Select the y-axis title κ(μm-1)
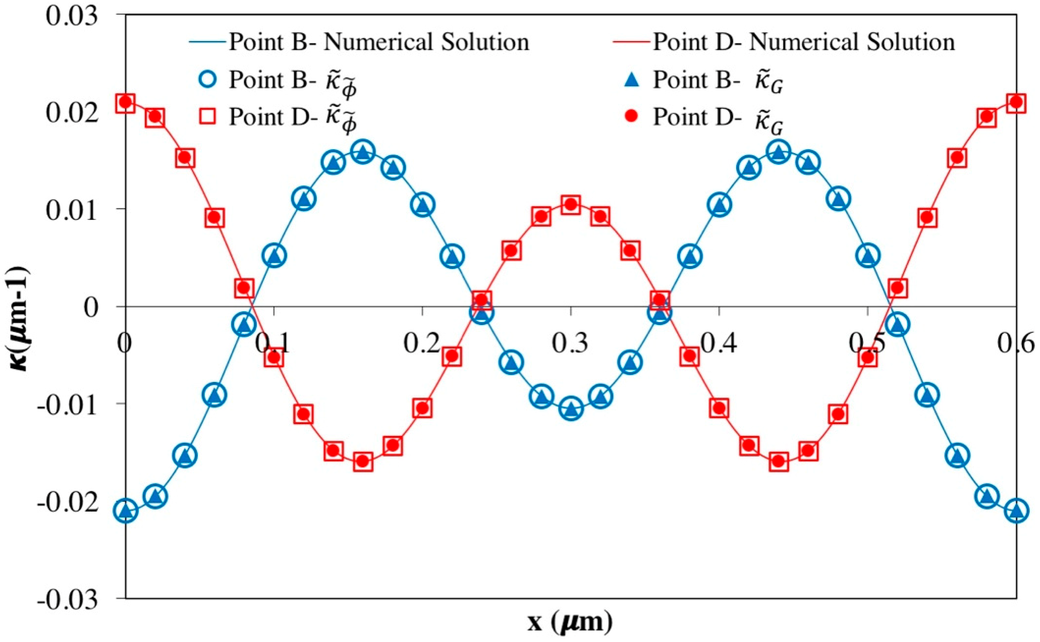pyautogui.click(x=19, y=318)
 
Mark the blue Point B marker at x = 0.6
pyautogui.click(x=1016, y=510)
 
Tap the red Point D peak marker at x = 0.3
pyautogui.click(x=571, y=205)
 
